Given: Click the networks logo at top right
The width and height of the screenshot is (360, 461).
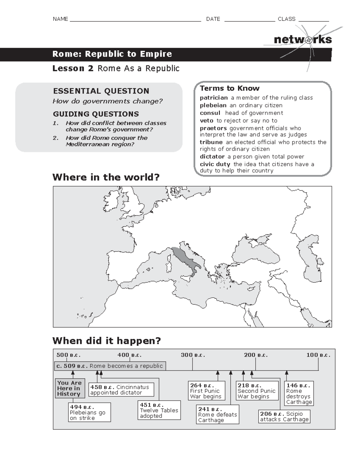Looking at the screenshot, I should click(303, 40).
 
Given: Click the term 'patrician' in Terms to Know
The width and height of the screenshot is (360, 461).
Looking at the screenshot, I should click(214, 98).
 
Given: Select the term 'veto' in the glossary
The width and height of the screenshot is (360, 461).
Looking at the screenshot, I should click(206, 121).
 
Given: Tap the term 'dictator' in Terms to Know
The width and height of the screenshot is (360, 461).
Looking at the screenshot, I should click(212, 157).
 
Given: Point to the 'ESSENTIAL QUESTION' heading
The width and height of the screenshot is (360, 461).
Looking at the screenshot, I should click(101, 91).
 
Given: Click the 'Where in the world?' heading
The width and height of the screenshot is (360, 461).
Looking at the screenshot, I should click(106, 177).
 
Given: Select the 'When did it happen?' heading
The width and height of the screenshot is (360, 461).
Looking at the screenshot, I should click(106, 341).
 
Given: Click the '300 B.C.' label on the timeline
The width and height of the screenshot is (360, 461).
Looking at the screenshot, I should click(193, 355).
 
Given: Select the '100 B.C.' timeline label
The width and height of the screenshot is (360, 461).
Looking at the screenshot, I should click(318, 355).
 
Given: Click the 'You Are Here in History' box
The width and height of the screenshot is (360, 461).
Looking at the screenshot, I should click(70, 388).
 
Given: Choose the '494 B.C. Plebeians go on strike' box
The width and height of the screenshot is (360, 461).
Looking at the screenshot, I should click(89, 412).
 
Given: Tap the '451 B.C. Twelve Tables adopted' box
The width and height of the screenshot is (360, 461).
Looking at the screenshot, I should click(159, 410).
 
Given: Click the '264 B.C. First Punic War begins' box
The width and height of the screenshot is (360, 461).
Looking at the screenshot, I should click(206, 391).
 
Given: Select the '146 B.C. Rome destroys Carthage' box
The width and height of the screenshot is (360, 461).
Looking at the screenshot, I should click(299, 393).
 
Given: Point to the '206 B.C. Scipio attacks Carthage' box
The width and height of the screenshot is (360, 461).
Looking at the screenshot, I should click(284, 417).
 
